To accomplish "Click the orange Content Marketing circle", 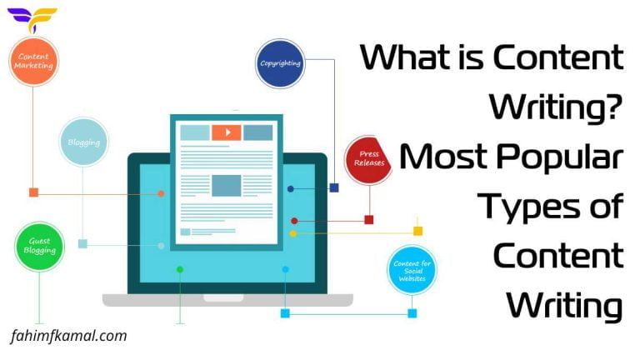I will [x=33, y=61].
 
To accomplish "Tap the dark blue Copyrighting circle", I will [x=281, y=63].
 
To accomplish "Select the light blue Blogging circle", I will [x=83, y=142].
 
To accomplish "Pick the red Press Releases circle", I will [x=368, y=158].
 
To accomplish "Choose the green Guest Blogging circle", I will [x=38, y=246].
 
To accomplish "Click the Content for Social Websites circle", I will [x=411, y=271].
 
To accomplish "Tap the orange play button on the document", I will [x=226, y=132].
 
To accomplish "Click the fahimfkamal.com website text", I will [x=69, y=336].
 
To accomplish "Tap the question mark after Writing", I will [x=614, y=106].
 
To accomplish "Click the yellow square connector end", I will [x=417, y=231].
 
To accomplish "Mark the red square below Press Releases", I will [x=368, y=220].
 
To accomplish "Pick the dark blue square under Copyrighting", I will [x=333, y=188].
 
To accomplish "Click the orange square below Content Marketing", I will [x=33, y=192].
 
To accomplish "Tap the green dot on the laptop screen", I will [x=179, y=269].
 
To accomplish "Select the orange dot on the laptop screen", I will [x=161, y=193].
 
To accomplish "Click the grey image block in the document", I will [x=226, y=184].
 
